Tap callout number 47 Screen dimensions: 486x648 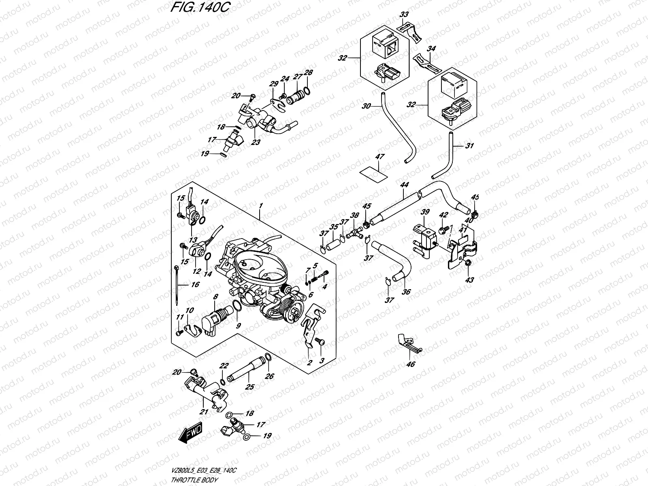[x=380, y=157]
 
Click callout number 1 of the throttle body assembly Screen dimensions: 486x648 [x=261, y=206]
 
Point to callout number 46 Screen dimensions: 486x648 [x=411, y=364]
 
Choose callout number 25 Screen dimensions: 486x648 [x=250, y=387]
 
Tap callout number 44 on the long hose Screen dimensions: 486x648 [x=404, y=185]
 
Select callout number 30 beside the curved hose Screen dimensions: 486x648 [x=366, y=106]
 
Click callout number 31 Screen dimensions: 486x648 [x=469, y=146]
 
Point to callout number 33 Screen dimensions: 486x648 [x=404, y=15]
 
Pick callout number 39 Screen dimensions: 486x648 [x=425, y=212]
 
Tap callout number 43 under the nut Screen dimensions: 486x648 [x=469, y=279]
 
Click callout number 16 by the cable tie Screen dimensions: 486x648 [x=195, y=285]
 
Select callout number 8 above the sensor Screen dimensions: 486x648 [x=215, y=297]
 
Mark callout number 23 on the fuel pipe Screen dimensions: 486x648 [x=256, y=142]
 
